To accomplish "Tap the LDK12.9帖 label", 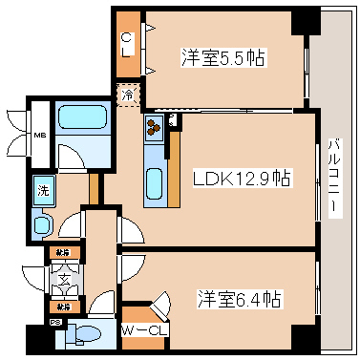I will point(242,179).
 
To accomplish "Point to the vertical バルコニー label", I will point(334,178).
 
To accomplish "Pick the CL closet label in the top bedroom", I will point(127,44).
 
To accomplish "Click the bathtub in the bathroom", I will point(84,119).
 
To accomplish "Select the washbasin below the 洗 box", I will point(44,223).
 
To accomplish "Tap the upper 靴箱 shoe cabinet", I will point(61,253).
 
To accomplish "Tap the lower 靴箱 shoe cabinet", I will point(61,307).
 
